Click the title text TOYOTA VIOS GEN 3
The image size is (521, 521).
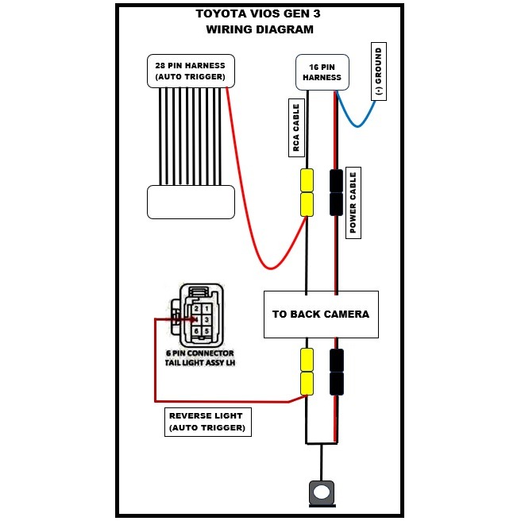pos(259,14)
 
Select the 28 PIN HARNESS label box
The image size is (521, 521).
pos(191,71)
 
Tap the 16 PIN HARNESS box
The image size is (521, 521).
pos(322,71)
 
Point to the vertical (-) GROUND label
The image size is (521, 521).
pos(379,72)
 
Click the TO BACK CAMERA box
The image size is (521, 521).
pos(320,314)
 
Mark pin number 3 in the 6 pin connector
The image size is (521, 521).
pos(206,319)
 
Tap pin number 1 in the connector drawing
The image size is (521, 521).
pos(206,308)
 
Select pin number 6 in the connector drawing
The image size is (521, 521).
pos(196,330)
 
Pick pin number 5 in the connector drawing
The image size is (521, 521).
pos(206,330)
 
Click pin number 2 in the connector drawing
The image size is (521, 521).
pos(196,308)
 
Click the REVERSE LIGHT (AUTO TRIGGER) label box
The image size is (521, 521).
pos(206,422)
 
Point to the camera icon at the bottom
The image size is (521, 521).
pos(321,492)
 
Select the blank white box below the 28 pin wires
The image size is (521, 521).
pos(191,202)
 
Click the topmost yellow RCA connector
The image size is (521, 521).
pos(307,180)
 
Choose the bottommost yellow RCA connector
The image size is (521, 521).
pos(307,384)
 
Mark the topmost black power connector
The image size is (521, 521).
pos(336,180)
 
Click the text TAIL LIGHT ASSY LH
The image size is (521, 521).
pos(196,363)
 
